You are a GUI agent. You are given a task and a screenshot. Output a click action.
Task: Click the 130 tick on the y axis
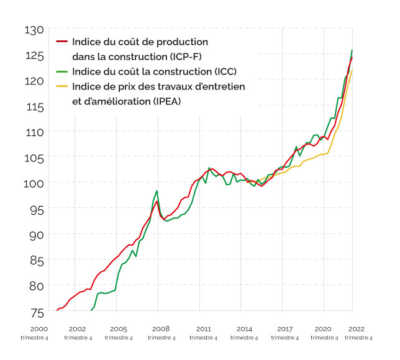pos(34,30)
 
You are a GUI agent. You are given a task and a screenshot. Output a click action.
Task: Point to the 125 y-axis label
pos(34,56)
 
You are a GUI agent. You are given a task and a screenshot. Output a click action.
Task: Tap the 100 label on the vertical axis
pos(34,183)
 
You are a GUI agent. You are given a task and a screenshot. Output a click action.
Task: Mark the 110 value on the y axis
pos(34,132)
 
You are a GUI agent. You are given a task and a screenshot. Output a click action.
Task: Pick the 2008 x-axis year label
pos(161,329)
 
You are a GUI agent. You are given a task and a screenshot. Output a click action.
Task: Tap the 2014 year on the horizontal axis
pos(244,329)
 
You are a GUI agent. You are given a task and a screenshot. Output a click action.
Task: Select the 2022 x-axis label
pos(357,329)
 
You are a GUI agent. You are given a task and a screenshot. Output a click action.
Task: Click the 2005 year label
pos(119,329)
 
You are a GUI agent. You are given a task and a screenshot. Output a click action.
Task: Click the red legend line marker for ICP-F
pos(61,42)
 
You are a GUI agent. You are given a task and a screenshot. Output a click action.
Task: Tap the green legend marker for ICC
pos(61,72)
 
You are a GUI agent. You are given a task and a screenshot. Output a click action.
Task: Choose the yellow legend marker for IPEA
pos(61,87)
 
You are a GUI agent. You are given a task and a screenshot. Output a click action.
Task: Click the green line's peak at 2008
pos(157,191)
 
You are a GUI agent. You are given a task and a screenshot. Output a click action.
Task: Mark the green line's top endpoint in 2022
pos(353,50)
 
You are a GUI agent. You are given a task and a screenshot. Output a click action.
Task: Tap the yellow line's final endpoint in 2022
pos(353,70)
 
